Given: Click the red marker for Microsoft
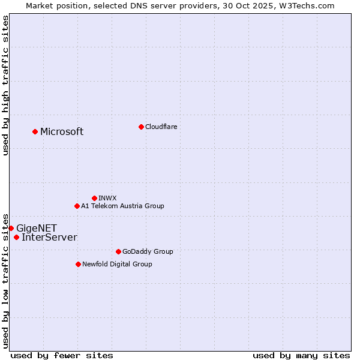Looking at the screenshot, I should coord(35,131).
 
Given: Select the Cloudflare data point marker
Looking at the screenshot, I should coord(141,127).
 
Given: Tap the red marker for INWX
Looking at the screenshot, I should coord(94,198).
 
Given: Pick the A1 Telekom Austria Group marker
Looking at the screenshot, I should coord(77,206).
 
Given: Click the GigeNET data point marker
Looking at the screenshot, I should coord(11,228).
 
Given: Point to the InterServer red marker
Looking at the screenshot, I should coord(16,237).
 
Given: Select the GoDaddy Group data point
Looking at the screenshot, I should coord(118,251).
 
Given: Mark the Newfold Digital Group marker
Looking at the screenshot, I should coord(78,264).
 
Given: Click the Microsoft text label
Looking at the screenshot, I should coord(62,132).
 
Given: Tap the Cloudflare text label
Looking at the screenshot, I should coord(161,127).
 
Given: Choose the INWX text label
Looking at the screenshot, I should coord(107,198).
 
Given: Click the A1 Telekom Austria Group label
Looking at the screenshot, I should coord(122,206).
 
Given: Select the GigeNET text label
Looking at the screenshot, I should coord(37,229).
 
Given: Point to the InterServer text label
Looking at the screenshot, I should coord(49,238).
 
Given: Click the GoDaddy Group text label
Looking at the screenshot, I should coord(147,251).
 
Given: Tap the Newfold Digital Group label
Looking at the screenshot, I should coord(117,264).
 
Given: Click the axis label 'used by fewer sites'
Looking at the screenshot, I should coord(62,355).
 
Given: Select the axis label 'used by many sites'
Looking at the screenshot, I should coord(301,355).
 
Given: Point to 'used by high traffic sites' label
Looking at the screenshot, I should coord(5,85).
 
